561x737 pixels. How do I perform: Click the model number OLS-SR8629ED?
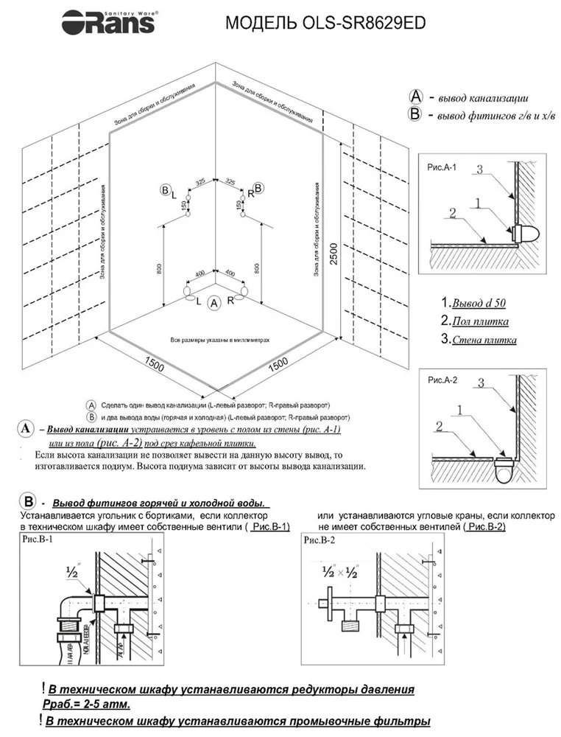pyautogui.click(x=325, y=24)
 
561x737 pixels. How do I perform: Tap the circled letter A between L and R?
pyautogui.click(x=214, y=303)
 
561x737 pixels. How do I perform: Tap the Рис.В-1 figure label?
pyautogui.click(x=38, y=540)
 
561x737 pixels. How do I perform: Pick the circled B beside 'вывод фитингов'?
pyautogui.click(x=414, y=114)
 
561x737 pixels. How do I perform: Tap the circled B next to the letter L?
pyautogui.click(x=164, y=190)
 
